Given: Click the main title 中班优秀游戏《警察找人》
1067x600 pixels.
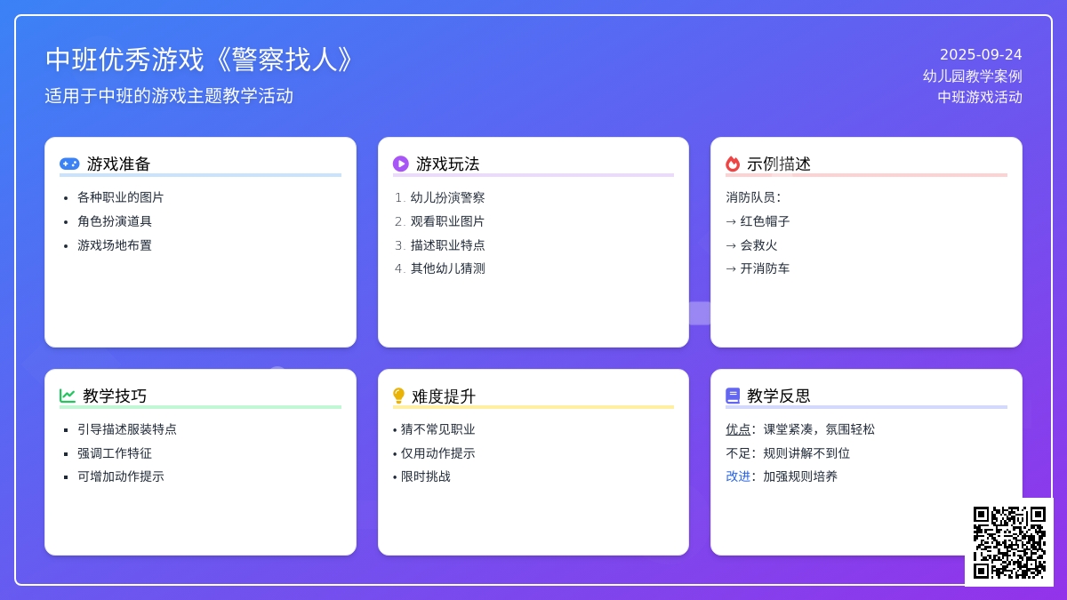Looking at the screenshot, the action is pos(199,60).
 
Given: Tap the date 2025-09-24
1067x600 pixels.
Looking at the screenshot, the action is pos(981,55).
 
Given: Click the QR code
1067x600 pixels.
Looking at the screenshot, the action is pos(1009,542).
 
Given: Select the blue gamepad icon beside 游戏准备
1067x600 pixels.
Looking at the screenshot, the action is pos(69,164).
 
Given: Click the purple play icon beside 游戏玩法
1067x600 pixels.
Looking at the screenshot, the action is pos(401,164).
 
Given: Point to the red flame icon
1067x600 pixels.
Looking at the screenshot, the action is pos(733,164).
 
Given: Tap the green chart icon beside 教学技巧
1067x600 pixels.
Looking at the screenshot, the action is pos(68,396).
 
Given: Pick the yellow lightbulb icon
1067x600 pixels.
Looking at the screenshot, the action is pos(398,396).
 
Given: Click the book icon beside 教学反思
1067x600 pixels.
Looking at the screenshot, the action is pos(733,396).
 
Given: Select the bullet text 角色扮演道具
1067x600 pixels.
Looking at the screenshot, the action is pos(115,221).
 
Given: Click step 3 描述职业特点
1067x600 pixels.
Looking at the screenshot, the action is pos(447,245).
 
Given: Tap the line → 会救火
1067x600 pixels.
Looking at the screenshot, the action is pos(751,245).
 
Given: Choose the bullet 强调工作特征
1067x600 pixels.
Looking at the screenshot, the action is pos(115,453).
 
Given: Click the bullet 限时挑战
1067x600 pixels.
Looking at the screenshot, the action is pos(425,476).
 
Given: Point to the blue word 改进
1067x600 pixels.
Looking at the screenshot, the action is pos(738,476).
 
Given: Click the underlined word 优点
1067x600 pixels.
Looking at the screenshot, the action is pos(738,429).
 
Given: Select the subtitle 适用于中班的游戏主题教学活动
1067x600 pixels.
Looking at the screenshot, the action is pos(169,96).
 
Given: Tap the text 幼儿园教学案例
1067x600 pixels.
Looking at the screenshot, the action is pos(972,76).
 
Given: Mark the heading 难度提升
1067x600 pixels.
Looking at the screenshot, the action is pos(444,396).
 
